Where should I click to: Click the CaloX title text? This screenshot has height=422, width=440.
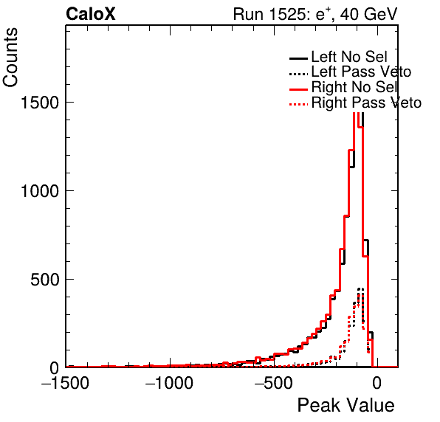tap(91, 14)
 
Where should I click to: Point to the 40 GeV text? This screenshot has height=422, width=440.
tap(369, 14)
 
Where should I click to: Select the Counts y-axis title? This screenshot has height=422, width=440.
tap(10, 58)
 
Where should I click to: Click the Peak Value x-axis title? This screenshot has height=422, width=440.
tap(346, 405)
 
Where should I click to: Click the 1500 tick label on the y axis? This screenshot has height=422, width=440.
tap(39, 103)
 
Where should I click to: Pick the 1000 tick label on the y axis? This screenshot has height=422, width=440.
tap(39, 191)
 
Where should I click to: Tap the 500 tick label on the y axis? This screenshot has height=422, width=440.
tap(44, 280)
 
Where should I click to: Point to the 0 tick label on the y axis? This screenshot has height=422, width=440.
tap(54, 368)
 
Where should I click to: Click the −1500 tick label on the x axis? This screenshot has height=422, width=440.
tap(66, 383)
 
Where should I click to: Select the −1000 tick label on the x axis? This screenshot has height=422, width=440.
tap(169, 383)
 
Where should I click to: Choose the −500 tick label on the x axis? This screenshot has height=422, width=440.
tap(274, 383)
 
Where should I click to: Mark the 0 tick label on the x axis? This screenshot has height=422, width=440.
tap(377, 383)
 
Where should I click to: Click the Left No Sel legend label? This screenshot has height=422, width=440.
tap(349, 57)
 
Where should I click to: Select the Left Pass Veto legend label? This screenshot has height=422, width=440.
tap(362, 72)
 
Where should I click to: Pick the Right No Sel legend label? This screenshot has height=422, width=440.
tap(354, 87)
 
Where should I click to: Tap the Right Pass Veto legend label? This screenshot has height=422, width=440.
tap(366, 103)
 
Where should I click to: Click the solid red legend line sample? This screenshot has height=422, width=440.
tap(298, 89)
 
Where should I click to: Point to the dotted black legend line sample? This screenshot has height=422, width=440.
tap(298, 75)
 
